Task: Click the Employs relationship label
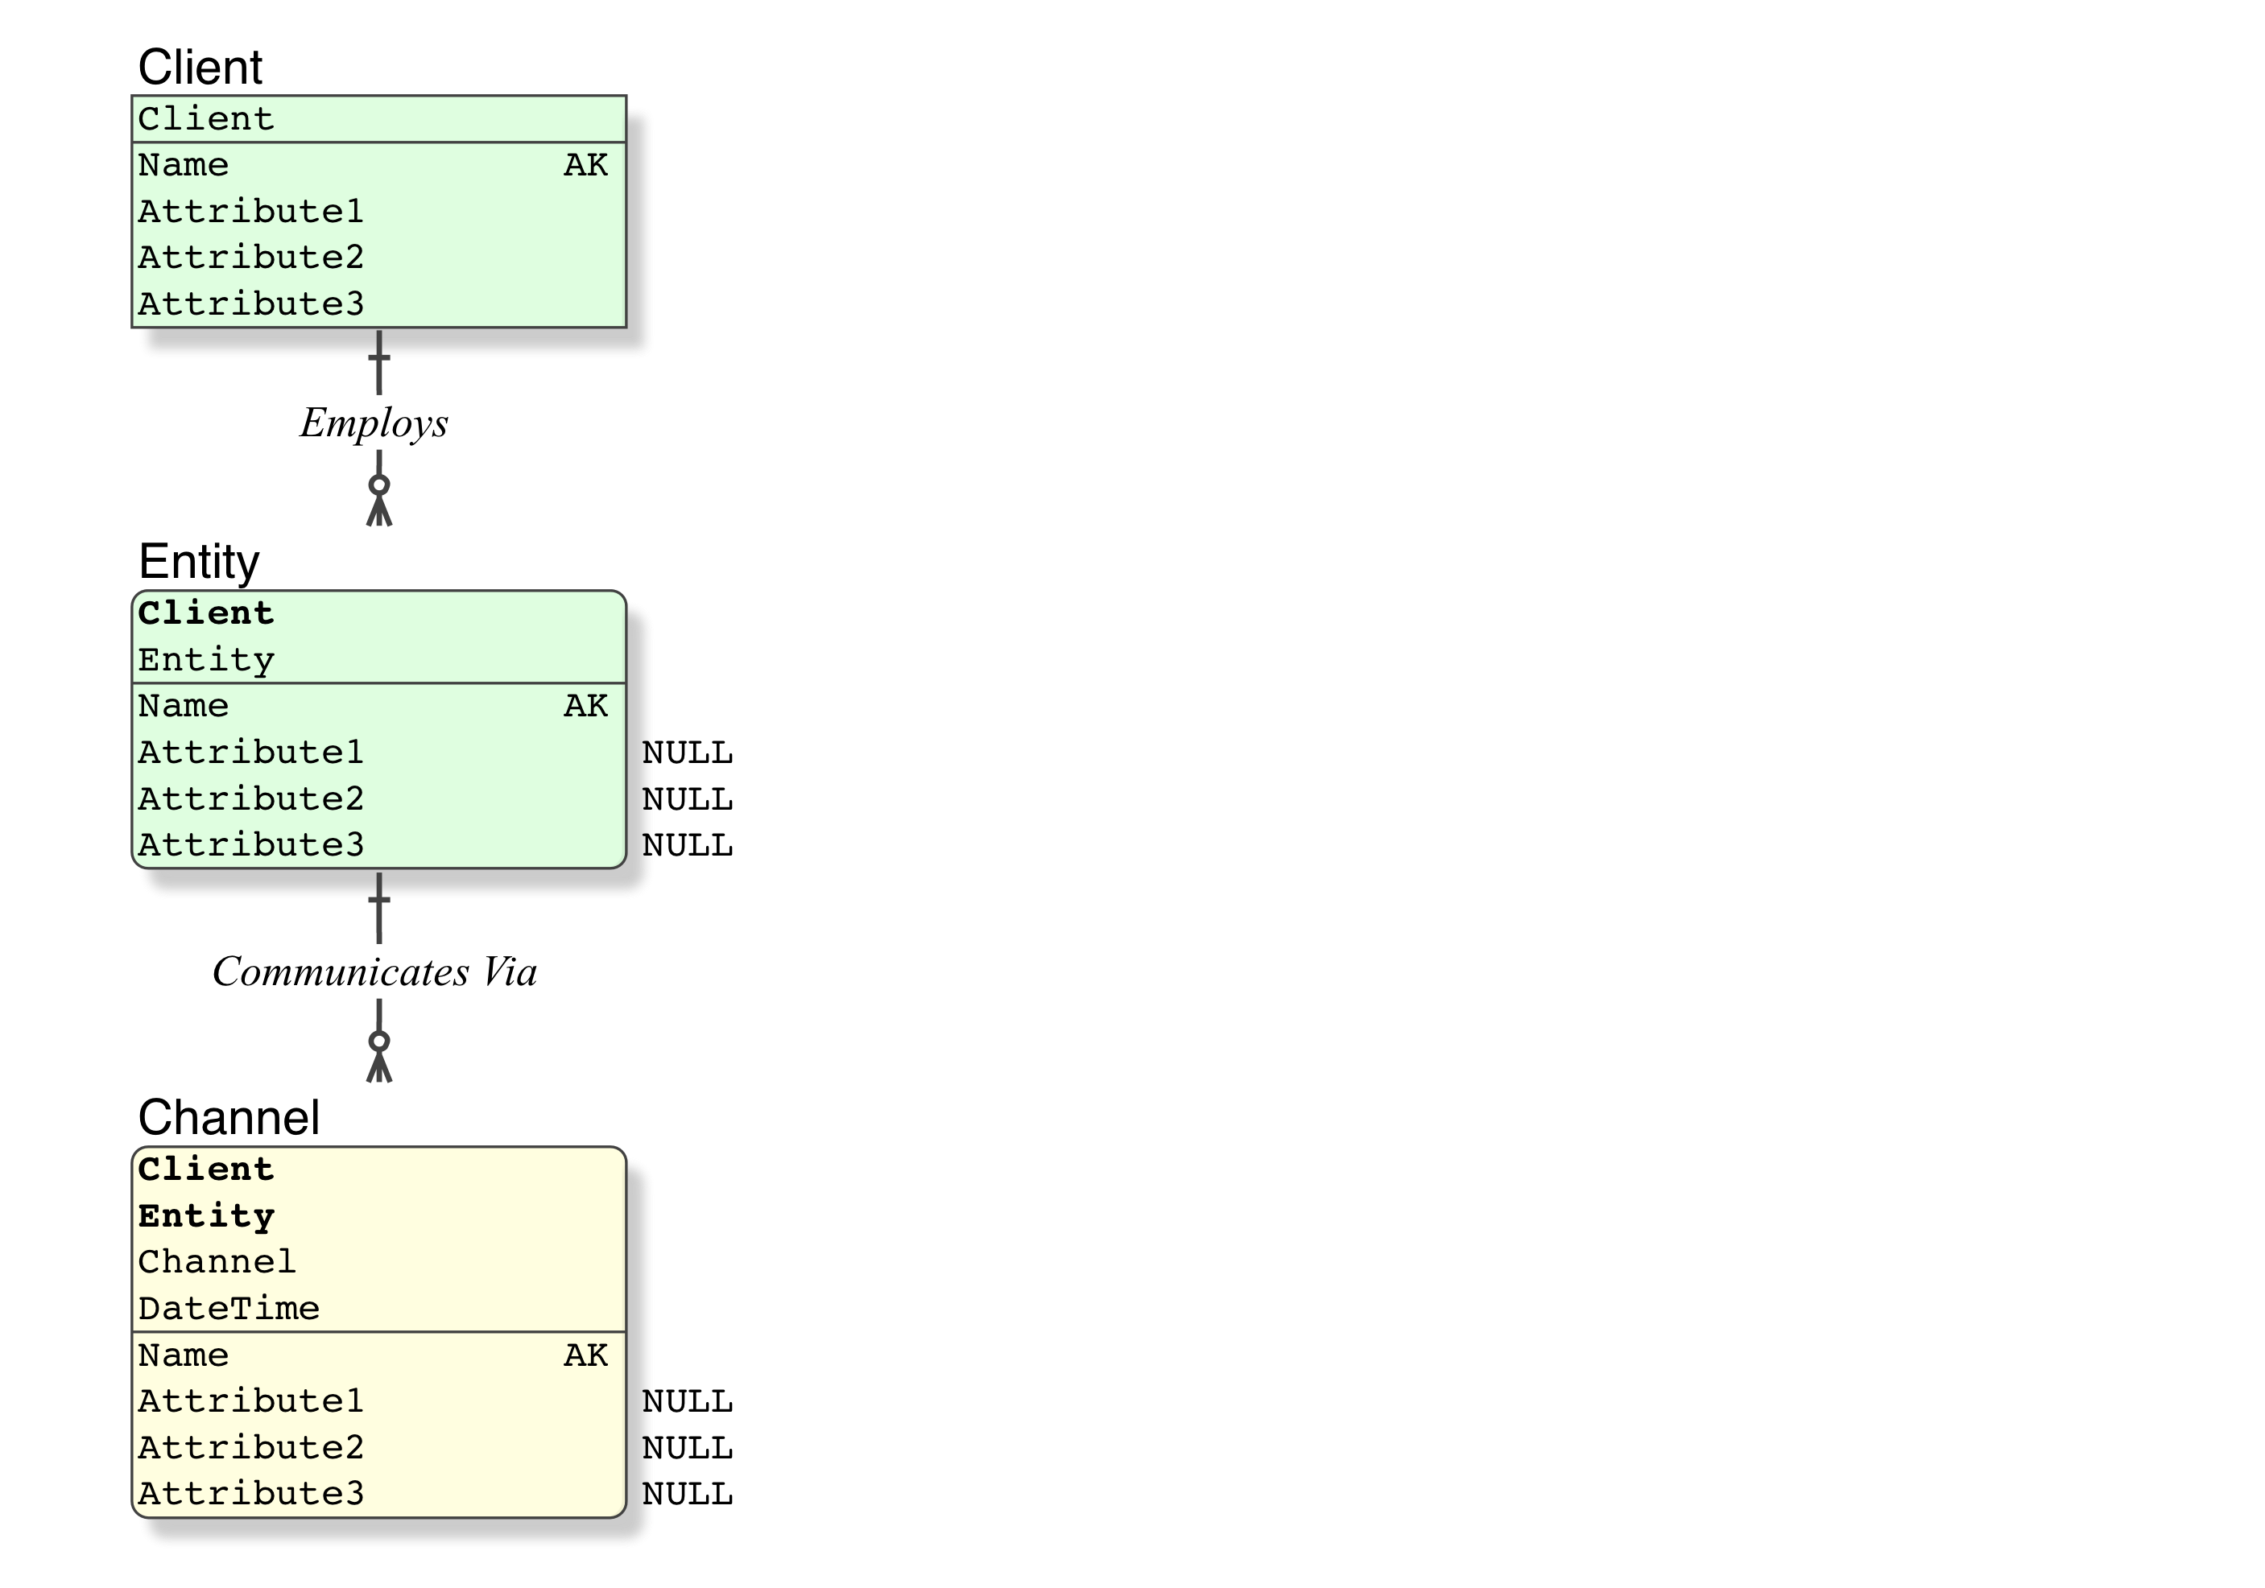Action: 374,423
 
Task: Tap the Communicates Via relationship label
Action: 375,972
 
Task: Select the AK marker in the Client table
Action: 586,166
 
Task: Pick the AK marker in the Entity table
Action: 586,706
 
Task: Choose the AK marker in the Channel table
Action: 586,1355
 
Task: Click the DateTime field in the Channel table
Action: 229,1309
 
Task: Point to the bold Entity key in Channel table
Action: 206,1216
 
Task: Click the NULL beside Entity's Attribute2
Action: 688,800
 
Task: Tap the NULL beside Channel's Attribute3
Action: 688,1495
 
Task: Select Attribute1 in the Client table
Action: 250,211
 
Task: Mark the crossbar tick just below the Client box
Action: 378,357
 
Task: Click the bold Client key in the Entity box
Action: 206,613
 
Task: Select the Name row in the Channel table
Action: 184,1355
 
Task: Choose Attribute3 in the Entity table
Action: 250,845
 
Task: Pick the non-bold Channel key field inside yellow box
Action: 217,1263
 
